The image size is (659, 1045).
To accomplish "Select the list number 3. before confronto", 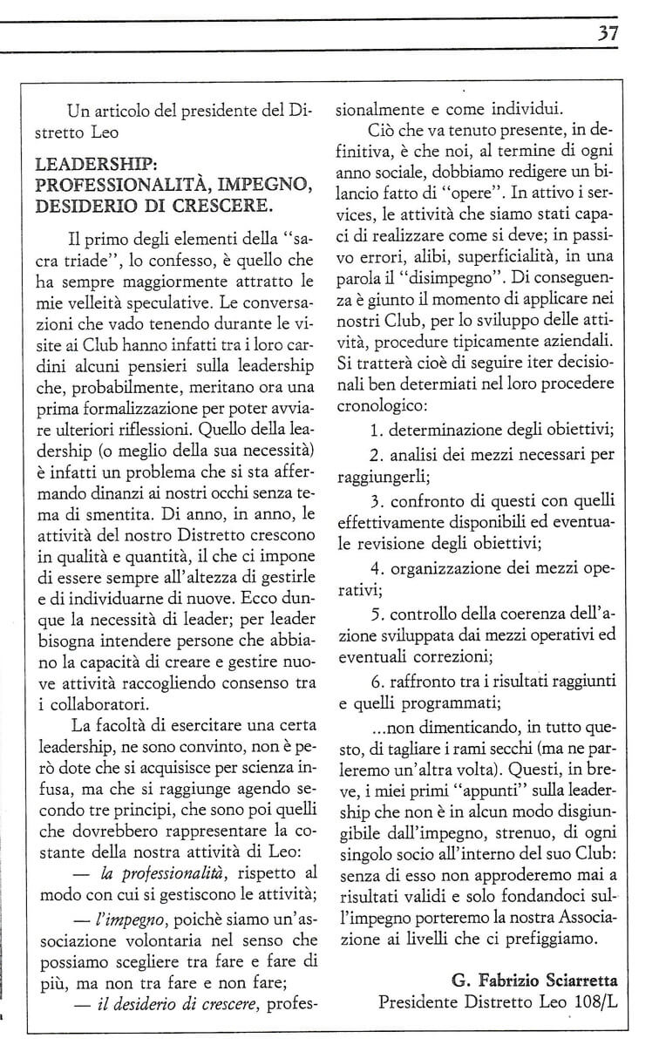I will [377, 503].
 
